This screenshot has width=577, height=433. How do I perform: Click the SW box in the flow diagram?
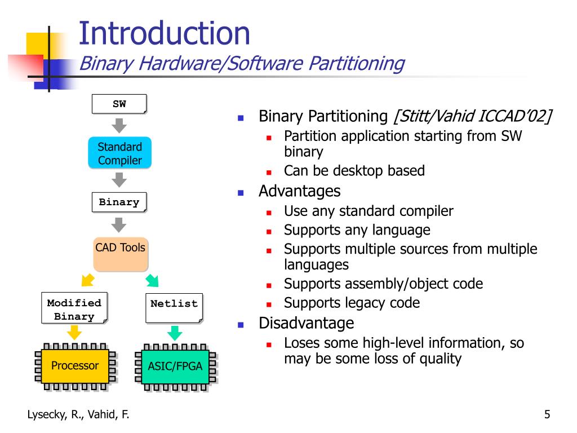(x=119, y=104)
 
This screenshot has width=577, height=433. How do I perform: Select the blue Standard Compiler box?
(x=119, y=153)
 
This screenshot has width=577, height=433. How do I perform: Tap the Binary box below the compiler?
(x=119, y=202)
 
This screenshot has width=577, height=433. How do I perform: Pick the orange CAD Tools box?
(x=120, y=254)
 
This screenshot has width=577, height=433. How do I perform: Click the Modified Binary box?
(x=74, y=310)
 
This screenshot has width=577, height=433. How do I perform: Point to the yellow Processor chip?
(x=75, y=366)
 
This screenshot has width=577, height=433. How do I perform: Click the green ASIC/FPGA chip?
(x=175, y=366)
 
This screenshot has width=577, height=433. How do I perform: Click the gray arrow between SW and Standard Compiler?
(x=119, y=125)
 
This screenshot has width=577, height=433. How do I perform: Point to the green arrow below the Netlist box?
(x=175, y=333)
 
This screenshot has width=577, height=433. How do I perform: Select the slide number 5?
(x=547, y=416)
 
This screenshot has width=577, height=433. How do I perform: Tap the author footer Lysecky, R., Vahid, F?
(x=78, y=416)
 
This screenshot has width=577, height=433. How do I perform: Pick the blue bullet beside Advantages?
(x=240, y=193)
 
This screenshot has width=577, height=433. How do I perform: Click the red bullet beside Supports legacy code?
(x=269, y=304)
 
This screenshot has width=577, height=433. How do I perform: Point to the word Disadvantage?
(x=306, y=323)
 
